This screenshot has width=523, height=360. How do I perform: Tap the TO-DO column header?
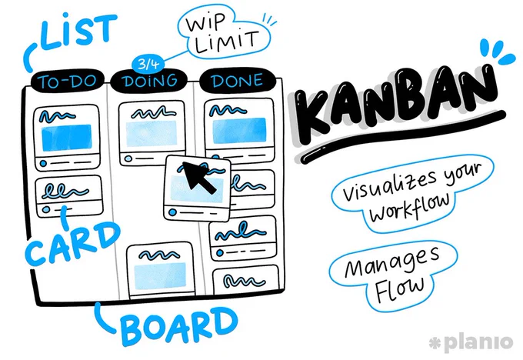click(68, 81)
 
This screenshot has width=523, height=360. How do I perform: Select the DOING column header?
click(149, 81)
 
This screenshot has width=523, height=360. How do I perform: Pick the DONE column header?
click(237, 81)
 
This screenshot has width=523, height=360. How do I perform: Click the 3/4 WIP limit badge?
click(148, 64)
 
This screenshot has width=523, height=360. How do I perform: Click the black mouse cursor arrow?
click(198, 177)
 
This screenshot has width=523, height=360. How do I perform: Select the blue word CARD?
click(72, 243)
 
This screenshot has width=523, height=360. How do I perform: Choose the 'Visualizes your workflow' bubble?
click(412, 193)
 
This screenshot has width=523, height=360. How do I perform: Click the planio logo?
click(471, 342)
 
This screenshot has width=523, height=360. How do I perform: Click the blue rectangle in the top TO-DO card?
click(67, 138)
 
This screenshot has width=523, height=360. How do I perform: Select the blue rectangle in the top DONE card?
click(239, 131)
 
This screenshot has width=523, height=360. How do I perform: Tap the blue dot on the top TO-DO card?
click(43, 164)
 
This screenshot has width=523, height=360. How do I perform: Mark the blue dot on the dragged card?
click(172, 212)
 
